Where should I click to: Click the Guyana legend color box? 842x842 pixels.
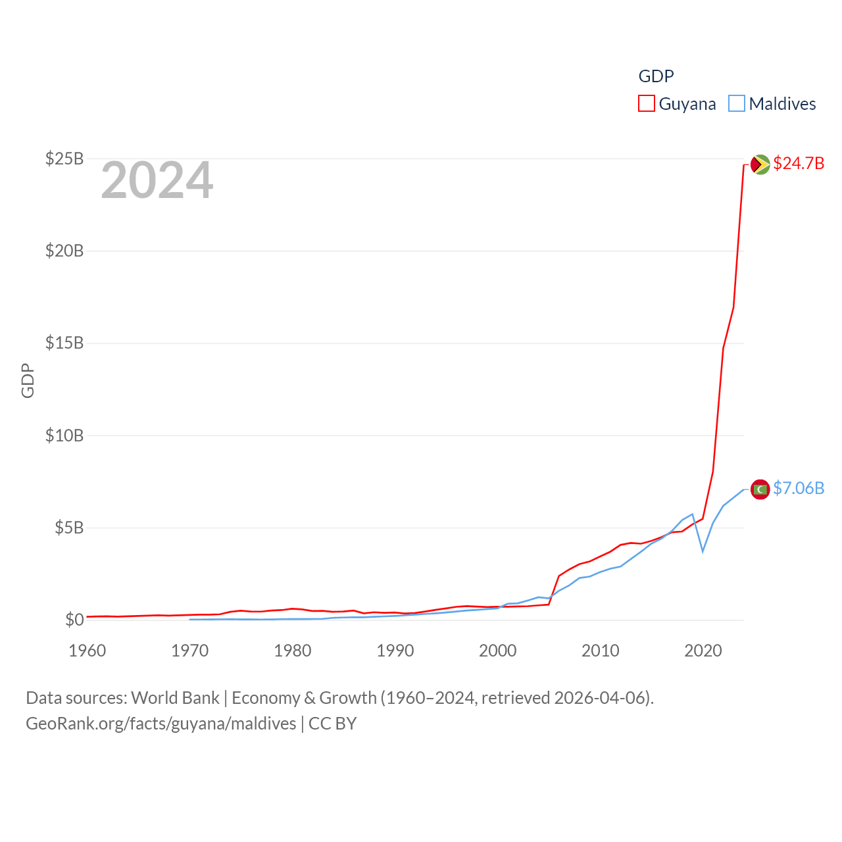tap(647, 104)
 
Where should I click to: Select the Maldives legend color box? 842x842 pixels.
tap(737, 104)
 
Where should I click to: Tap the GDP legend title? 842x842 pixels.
tap(656, 76)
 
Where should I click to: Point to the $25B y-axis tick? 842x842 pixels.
tap(64, 159)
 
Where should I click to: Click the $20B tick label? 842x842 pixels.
tap(64, 251)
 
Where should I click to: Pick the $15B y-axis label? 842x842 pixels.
tap(64, 343)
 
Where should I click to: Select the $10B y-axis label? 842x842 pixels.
tap(64, 435)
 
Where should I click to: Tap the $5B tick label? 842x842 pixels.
tap(69, 528)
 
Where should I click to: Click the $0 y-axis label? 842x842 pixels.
tap(74, 620)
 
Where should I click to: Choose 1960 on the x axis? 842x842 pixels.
tap(87, 651)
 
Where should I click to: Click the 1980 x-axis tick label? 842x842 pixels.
tap(293, 651)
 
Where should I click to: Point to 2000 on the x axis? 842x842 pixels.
tap(498, 651)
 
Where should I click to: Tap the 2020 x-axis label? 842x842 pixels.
tap(703, 651)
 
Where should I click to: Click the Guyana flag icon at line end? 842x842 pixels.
tap(760, 164)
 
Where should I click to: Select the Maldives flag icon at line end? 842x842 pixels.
tap(760, 489)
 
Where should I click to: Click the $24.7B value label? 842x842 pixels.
tap(799, 163)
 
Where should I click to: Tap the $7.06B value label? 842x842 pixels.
tap(799, 488)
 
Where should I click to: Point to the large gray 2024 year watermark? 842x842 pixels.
tap(157, 180)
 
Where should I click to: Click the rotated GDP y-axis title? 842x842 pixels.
tap(28, 380)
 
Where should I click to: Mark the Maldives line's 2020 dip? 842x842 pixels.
tap(703, 551)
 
